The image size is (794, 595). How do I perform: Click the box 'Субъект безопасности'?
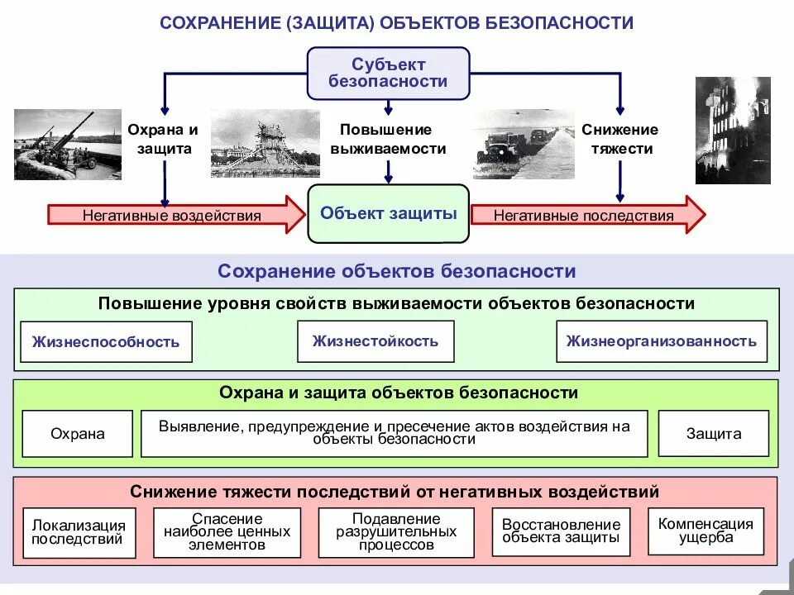coord(388,73)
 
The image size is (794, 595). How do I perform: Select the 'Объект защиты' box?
coord(388,213)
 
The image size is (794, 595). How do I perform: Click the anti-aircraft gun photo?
coord(67,145)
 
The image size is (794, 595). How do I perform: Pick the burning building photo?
coord(732,130)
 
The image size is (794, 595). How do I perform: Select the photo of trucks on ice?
coord(523,145)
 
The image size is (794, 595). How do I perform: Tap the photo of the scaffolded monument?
coord(265,145)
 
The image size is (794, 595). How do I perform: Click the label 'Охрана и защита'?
coord(163,139)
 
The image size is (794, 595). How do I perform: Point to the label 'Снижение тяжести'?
coord(619,139)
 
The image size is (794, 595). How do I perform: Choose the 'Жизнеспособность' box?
coord(106,342)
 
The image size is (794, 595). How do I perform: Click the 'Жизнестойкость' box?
coord(375,341)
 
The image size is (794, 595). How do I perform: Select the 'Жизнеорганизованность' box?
coord(661,341)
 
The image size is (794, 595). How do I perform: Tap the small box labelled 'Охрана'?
coord(78,434)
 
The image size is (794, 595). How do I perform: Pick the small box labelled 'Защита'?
coord(713,433)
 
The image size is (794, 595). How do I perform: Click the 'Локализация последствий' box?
coord(79,532)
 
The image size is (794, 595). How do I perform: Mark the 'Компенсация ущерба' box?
coord(706,531)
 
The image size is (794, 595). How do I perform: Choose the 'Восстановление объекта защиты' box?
coord(561,531)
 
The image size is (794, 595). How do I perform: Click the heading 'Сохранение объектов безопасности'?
coord(396,271)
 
